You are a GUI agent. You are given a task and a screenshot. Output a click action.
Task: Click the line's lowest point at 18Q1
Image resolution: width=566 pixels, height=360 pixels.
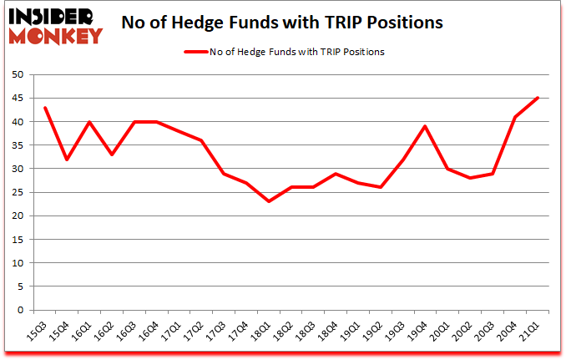269,201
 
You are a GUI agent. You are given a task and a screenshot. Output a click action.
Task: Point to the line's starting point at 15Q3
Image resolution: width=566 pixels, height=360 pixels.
45,108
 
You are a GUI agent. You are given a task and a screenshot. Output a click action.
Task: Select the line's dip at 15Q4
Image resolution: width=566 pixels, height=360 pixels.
67,160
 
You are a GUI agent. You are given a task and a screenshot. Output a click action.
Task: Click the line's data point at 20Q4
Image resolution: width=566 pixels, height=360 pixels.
516,117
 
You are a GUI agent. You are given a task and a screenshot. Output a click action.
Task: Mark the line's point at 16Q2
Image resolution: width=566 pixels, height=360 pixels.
112,155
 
